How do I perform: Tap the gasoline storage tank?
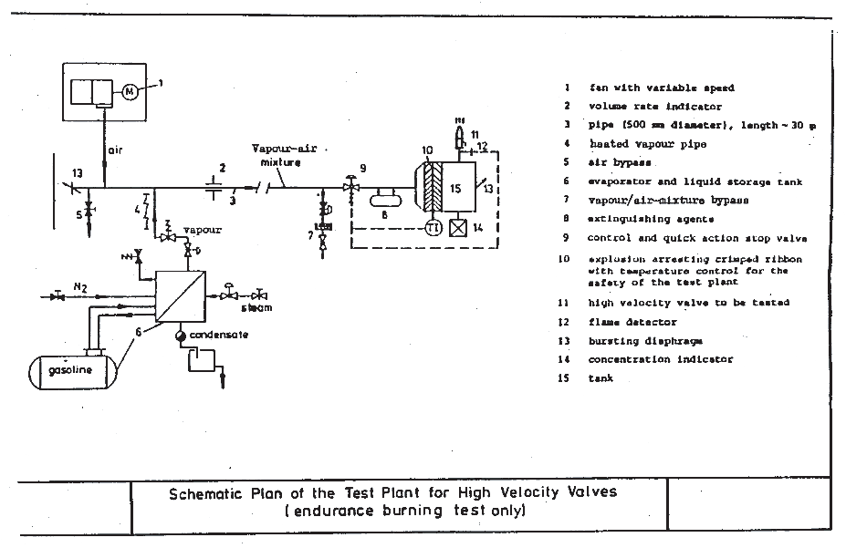pos(72,372)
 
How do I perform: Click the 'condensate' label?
pos(219,335)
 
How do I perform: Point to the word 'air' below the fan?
pos(116,148)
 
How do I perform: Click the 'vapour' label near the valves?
pos(203,230)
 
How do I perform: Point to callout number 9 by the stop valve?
pos(363,168)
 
